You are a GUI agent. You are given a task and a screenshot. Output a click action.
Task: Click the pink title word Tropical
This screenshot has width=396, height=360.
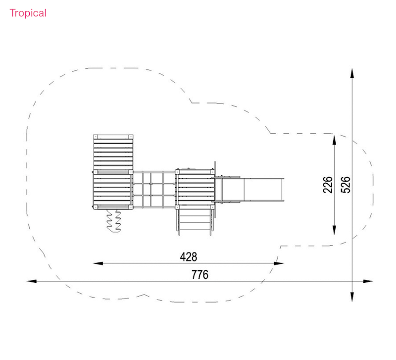28,13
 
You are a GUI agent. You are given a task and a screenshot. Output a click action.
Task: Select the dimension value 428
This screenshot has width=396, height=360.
189,257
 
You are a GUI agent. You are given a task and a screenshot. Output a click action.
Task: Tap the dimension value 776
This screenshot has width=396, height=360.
200,275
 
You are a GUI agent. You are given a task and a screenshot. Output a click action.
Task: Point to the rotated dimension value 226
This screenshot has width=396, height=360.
328,185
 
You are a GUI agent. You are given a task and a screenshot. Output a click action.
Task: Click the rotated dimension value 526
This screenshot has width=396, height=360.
346,185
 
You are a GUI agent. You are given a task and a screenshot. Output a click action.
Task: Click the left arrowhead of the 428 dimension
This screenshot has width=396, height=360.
98,263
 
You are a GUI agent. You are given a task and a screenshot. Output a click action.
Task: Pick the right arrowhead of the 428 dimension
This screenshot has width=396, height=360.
279,263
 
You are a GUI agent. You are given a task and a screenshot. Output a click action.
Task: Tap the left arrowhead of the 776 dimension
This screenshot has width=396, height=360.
32,281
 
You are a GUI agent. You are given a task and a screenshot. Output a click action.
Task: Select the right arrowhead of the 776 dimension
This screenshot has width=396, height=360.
368,281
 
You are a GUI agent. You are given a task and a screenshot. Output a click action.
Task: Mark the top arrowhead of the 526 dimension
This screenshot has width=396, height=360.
352,73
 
